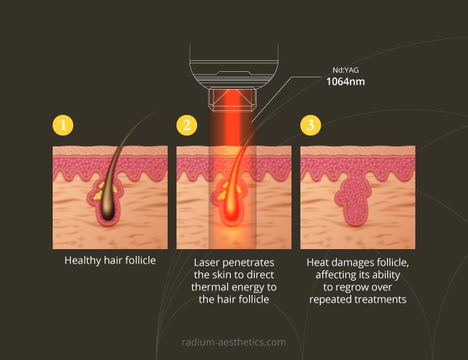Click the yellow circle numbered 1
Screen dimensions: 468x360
coord(63,125)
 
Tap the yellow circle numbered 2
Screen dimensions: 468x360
coord(187,125)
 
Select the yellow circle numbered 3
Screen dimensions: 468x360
coord(311,125)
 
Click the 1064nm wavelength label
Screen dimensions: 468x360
coord(346,81)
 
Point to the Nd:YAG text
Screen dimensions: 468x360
coord(346,70)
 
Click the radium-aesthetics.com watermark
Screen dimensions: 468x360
coord(234,342)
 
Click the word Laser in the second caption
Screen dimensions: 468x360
coord(207,262)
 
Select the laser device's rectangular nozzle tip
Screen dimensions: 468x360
coord(232,100)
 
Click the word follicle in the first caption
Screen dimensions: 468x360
coord(140,260)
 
